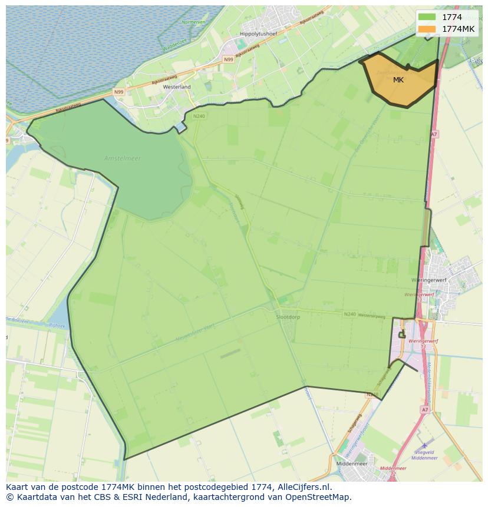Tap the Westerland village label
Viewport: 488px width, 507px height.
pyautogui.click(x=177, y=87)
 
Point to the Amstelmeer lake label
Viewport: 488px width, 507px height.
pyautogui.click(x=123, y=158)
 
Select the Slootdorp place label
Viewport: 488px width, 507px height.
pyautogui.click(x=288, y=317)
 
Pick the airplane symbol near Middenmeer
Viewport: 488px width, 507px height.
pyautogui.click(x=424, y=446)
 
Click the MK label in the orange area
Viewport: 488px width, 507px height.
pyautogui.click(x=398, y=79)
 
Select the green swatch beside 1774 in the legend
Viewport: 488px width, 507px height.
pyautogui.click(x=427, y=17)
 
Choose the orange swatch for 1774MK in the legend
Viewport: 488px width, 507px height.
pyautogui.click(x=427, y=29)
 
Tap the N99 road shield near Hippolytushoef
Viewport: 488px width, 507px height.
pyautogui.click(x=229, y=59)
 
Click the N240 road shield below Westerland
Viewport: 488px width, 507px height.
pyautogui.click(x=199, y=116)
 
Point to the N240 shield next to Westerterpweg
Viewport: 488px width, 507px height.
pyautogui.click(x=350, y=314)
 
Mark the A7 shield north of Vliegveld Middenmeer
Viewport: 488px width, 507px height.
pyautogui.click(x=424, y=409)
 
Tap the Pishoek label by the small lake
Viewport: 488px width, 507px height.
pyautogui.click(x=57, y=325)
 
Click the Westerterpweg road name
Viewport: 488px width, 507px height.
pyautogui.click(x=372, y=316)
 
